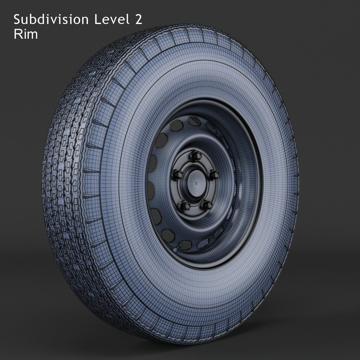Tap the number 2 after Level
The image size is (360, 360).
(138, 20)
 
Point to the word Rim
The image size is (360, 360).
(25, 34)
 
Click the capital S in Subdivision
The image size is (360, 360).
(16, 20)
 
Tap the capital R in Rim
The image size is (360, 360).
(17, 34)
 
